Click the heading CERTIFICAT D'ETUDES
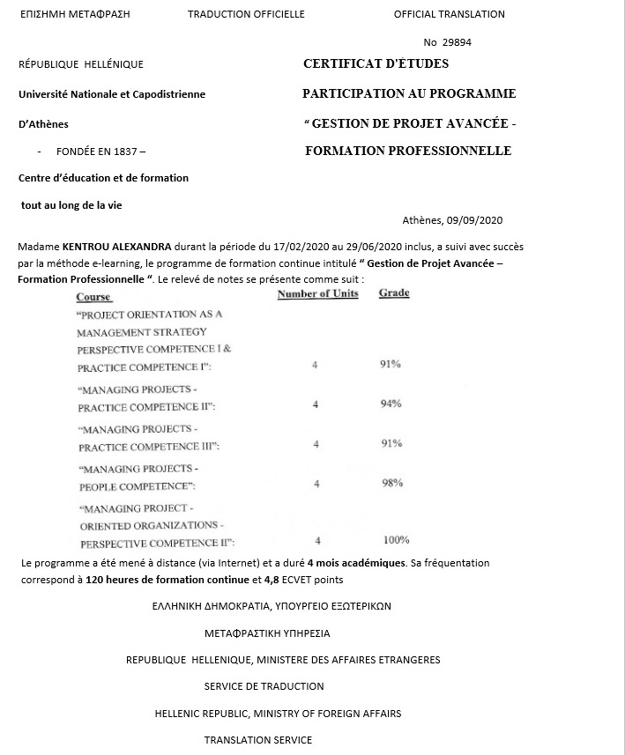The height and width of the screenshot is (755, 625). [x=376, y=63]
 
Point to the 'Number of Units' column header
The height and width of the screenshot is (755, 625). [x=317, y=293]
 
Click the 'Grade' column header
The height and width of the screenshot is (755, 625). [x=394, y=293]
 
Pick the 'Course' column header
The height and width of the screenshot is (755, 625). [x=93, y=298]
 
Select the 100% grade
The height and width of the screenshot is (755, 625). [x=396, y=540]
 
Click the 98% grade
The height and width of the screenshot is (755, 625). [x=392, y=483]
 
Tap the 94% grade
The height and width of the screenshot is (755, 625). [x=391, y=403]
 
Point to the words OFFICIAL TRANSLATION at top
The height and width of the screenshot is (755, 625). [x=449, y=14]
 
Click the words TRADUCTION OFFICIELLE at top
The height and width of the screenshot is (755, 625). [x=246, y=14]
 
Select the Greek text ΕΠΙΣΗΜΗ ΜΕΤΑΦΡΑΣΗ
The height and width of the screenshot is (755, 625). [x=74, y=14]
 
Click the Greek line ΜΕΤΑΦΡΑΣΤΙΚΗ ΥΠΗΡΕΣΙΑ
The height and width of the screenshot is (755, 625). [x=267, y=633]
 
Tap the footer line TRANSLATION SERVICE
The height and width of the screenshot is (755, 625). [x=258, y=740]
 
